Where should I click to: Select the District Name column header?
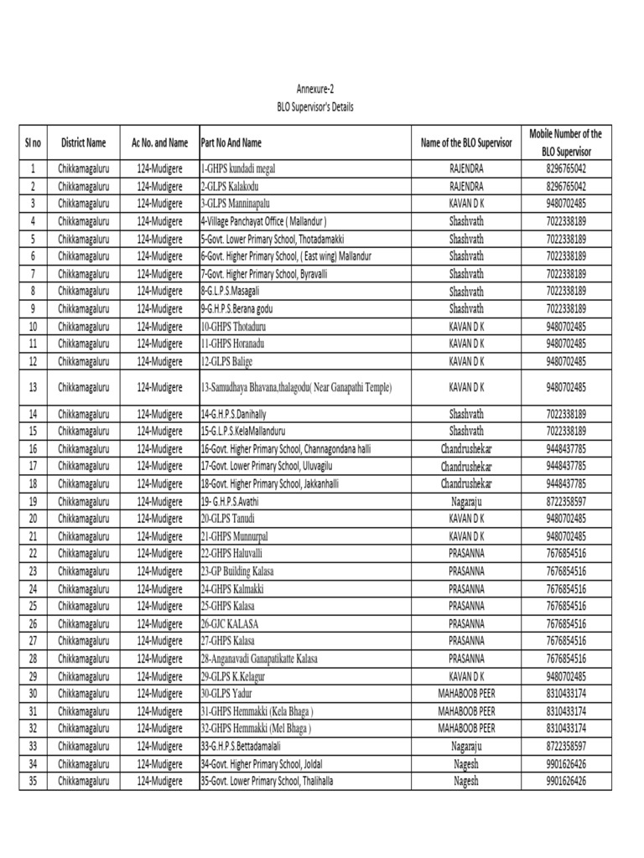[x=84, y=143]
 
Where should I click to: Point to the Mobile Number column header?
[x=568, y=143]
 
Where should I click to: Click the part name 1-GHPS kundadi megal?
[x=237, y=168]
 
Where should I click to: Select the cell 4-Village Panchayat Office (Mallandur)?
[x=263, y=221]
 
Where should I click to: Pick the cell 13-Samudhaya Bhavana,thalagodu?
[x=296, y=387]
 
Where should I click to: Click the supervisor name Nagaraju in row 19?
[x=466, y=501]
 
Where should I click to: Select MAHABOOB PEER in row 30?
[x=466, y=694]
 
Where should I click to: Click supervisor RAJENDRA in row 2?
[x=466, y=186]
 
